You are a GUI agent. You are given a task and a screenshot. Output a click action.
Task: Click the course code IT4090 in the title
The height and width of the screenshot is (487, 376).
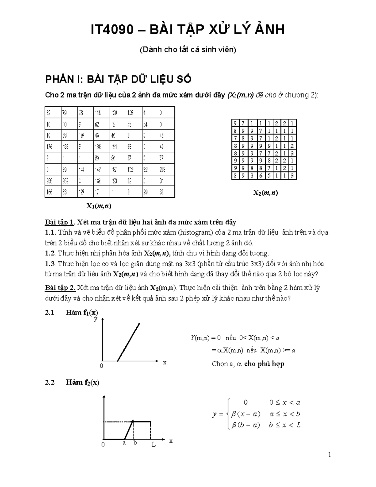111,30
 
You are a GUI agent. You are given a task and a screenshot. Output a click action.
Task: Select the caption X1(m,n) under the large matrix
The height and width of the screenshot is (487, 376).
99,206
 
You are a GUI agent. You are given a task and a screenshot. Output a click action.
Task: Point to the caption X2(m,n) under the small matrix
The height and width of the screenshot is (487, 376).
265,193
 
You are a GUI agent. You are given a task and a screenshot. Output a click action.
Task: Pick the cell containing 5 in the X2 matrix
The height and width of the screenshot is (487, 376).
269,176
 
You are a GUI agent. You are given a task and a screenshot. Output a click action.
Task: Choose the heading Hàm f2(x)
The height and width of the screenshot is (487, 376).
82,383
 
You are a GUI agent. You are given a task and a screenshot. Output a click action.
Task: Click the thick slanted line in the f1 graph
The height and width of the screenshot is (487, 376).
128,342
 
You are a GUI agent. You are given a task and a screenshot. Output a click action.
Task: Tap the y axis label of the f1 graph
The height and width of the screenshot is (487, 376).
96,319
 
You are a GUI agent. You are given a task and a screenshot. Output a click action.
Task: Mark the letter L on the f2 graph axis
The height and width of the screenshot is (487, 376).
154,445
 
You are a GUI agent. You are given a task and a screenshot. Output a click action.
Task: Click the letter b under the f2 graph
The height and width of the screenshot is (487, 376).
135,443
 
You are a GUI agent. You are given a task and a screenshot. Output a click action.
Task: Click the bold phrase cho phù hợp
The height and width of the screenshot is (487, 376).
264,364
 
